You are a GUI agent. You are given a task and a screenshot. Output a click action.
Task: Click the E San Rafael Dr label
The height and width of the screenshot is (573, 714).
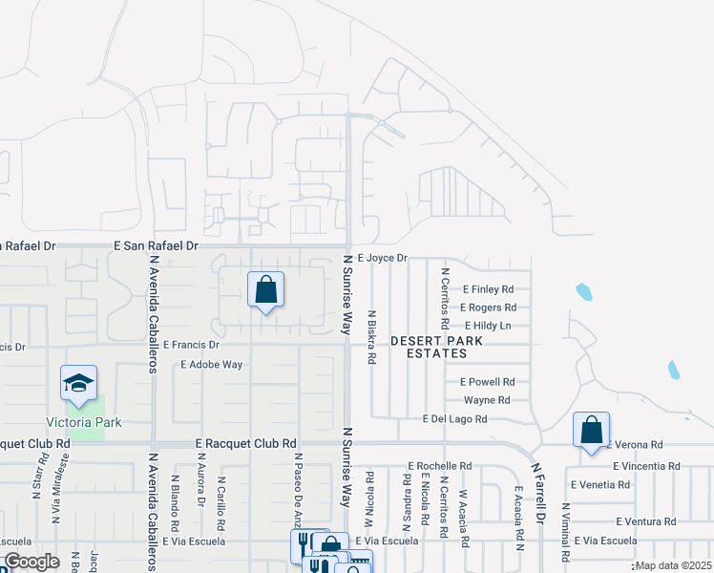click(156, 245)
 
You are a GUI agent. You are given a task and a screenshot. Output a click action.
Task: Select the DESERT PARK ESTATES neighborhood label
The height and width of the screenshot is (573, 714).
click(428, 347)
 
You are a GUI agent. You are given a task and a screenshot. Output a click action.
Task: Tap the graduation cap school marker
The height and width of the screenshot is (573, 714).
click(79, 384)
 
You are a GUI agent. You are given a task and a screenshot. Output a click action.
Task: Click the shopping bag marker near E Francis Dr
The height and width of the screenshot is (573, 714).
click(266, 290)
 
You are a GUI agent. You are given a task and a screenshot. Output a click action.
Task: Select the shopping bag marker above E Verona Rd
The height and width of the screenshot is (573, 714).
click(592, 431)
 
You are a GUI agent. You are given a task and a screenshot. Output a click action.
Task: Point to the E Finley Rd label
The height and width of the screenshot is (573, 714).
click(488, 288)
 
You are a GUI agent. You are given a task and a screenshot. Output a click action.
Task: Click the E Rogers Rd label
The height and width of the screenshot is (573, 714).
click(488, 308)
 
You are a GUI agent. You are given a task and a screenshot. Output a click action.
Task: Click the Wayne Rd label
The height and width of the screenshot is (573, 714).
click(487, 400)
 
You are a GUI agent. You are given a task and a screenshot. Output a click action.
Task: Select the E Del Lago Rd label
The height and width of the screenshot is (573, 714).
click(454, 419)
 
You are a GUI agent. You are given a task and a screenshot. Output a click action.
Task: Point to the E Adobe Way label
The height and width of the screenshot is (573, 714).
click(211, 365)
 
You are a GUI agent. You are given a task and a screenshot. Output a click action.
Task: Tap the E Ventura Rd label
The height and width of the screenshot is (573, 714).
click(645, 521)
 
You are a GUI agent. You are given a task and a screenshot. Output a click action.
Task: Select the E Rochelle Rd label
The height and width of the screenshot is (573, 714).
click(439, 466)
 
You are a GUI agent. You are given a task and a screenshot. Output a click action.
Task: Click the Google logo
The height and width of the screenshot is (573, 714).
click(31, 562)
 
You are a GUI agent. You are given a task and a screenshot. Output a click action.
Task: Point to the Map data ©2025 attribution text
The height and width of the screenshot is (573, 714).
click(673, 565)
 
